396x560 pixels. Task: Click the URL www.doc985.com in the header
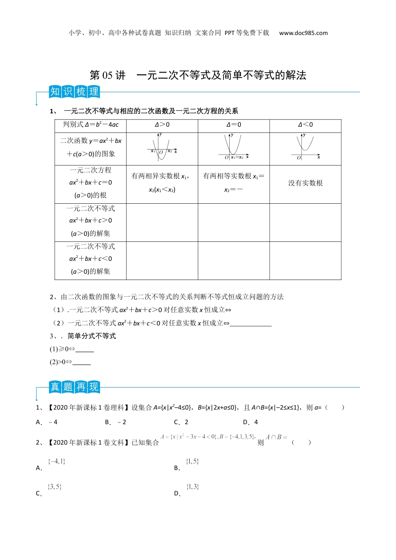tap(303, 33)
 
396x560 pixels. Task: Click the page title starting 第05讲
tap(198, 75)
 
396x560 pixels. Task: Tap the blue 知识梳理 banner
tap(74, 92)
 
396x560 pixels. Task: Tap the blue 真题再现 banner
tap(74, 387)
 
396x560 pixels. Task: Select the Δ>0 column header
tap(162, 125)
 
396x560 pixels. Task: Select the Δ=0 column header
tap(233, 125)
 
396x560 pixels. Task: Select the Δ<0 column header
tap(305, 125)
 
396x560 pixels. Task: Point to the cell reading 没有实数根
tap(305, 183)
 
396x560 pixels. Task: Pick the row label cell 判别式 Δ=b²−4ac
tap(90, 125)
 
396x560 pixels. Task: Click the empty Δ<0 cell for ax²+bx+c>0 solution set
tap(305, 222)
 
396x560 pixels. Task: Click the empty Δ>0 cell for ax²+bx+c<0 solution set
tap(162, 260)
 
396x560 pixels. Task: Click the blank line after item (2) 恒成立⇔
tap(251, 324)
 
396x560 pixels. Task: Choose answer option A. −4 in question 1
tap(47, 422)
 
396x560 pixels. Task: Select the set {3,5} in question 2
tap(55, 487)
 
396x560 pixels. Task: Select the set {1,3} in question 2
tap(193, 487)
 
